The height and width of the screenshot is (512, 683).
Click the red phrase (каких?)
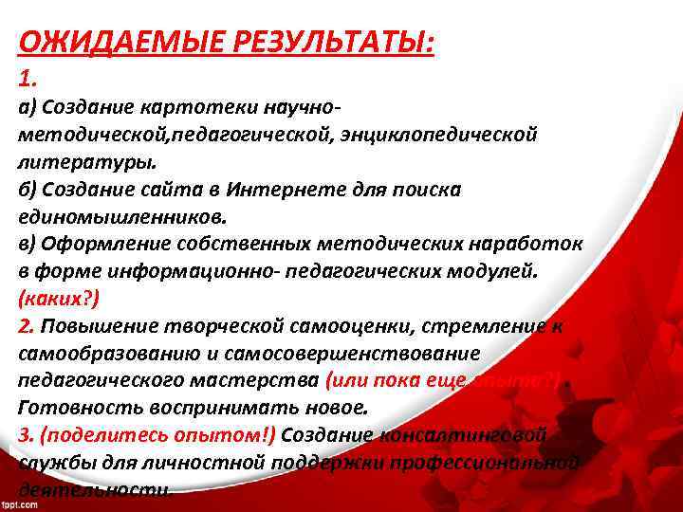coord(56,299)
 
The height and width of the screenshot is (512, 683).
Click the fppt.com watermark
coord(19,505)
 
